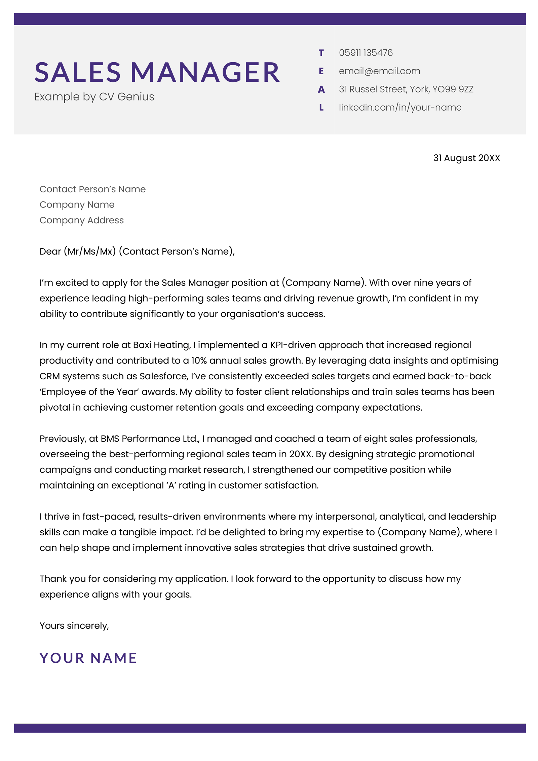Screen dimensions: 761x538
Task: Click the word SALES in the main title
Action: pos(77,72)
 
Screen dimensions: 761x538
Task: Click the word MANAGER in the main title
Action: pos(205,72)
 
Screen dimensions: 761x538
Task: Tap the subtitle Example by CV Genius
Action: pos(94,97)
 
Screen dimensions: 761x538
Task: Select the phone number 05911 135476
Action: pos(366,53)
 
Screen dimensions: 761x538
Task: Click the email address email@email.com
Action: pos(379,71)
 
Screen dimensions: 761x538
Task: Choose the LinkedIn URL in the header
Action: pos(400,107)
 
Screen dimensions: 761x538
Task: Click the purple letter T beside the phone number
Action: pos(321,53)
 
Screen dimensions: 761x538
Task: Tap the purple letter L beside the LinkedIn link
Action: pos(321,108)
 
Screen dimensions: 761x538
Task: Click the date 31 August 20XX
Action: pos(466,158)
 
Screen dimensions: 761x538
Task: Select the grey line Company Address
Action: pos(82,220)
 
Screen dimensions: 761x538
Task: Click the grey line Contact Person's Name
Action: pos(92,189)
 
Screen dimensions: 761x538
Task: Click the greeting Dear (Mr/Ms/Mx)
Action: pos(77,252)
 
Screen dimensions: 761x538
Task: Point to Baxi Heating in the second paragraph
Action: pos(162,345)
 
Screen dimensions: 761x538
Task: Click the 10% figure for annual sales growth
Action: pos(199,360)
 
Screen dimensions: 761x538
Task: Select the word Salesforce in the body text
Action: pos(163,376)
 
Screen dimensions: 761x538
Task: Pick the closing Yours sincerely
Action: pos(74,625)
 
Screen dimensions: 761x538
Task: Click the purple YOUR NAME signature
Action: pos(88,658)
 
